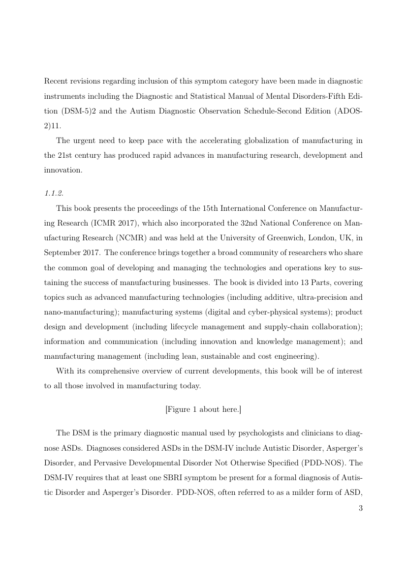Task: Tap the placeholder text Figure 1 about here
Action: (203, 409)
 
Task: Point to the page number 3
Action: (360, 508)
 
